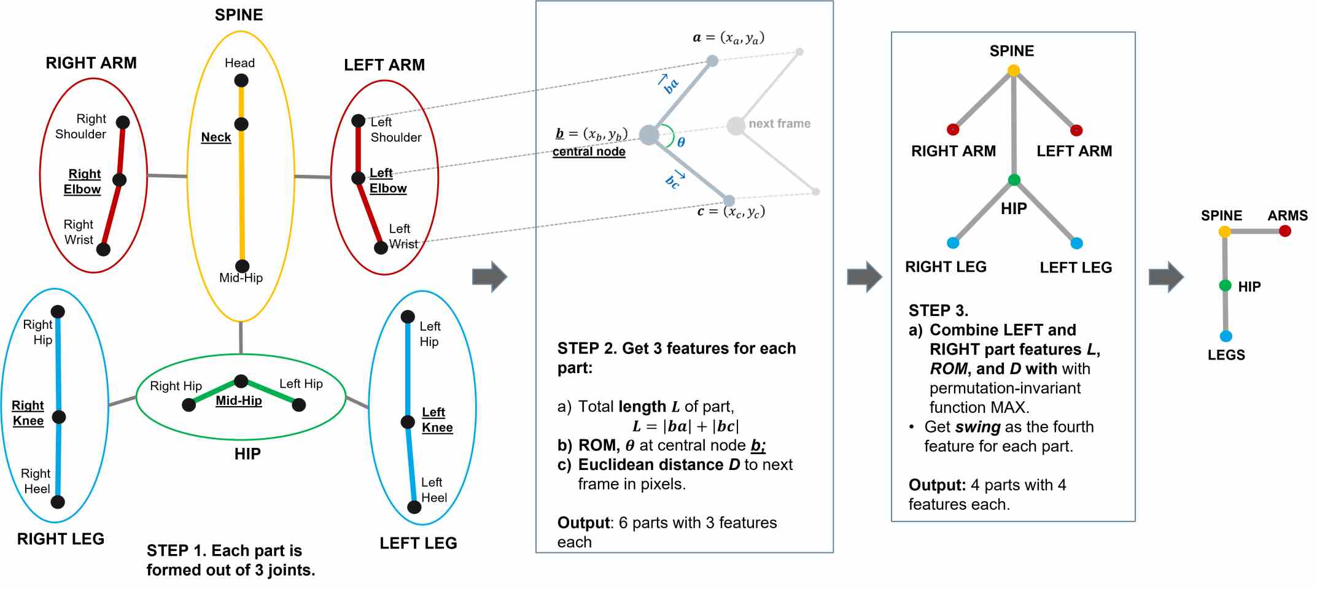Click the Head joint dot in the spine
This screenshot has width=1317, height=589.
click(x=241, y=80)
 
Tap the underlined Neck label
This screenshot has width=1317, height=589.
click(x=216, y=137)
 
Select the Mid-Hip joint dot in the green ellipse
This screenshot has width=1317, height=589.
click(x=241, y=381)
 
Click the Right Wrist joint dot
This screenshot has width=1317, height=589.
click(x=103, y=249)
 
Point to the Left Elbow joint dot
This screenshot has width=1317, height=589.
click(x=359, y=178)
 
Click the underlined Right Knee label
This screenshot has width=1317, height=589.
click(x=28, y=413)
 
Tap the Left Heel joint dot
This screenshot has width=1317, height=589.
click(x=414, y=507)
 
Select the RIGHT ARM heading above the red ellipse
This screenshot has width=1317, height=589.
click(x=91, y=63)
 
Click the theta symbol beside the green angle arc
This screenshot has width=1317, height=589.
click(x=681, y=142)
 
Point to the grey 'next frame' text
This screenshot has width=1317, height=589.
click(x=779, y=124)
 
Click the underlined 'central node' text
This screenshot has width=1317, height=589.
click(x=589, y=152)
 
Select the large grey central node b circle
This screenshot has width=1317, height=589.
click(x=649, y=134)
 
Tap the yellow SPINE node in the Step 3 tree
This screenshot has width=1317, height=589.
click(x=1014, y=71)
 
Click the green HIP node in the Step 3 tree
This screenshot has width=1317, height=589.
click(x=1014, y=180)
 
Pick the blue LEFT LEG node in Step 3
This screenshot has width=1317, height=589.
click(x=1076, y=244)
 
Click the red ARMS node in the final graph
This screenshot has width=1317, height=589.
click(x=1285, y=231)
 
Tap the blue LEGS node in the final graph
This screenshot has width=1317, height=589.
click(x=1226, y=336)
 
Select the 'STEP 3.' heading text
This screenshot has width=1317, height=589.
click(x=938, y=310)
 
